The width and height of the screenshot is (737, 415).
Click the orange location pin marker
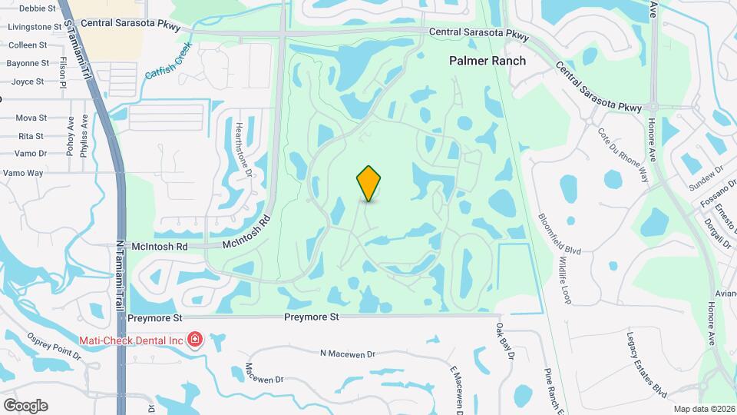coord(369,183)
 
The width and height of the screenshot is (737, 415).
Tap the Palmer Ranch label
coord(487,61)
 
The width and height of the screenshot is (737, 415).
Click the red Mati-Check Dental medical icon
coord(195,339)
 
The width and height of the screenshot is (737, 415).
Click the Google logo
coord(25,405)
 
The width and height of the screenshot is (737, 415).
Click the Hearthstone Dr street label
coord(243,150)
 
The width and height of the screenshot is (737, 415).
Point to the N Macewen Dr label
coord(347,354)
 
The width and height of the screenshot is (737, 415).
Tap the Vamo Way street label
coord(23,173)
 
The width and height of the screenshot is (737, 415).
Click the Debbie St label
coord(38,8)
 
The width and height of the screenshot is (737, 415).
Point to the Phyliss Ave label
coord(84,134)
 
